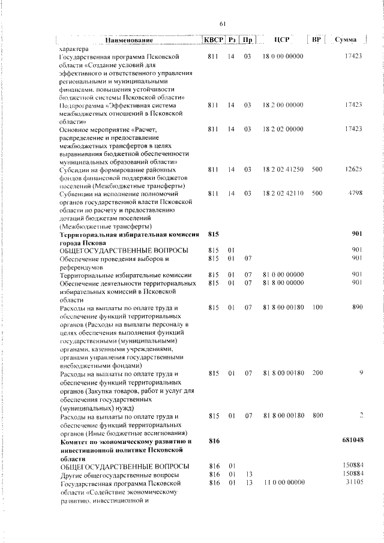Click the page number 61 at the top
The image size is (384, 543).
222,24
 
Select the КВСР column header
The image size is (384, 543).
213,40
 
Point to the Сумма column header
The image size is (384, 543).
346,40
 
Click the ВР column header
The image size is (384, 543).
317,40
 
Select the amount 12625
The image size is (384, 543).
353,169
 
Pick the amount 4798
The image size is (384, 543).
355,194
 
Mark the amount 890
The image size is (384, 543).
358,307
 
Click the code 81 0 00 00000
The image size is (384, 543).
283,274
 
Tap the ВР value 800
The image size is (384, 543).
317,415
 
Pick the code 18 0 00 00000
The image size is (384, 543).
283,56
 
